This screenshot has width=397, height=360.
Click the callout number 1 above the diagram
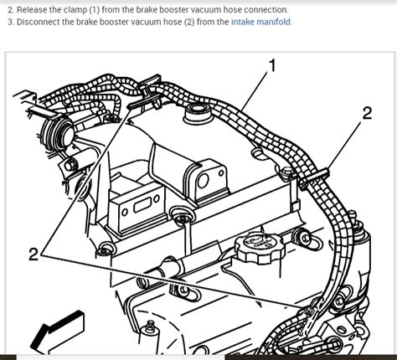[x=271, y=64]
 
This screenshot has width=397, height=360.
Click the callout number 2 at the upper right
[x=367, y=114]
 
